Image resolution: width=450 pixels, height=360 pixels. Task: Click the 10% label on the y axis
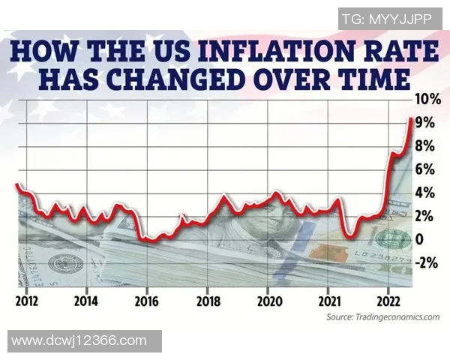coord(430,99)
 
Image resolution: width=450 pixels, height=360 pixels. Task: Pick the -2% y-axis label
coord(428,262)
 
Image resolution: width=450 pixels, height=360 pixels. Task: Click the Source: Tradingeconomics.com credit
coord(382,318)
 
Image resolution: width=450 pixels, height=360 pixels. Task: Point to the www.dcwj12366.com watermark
coord(79,341)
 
